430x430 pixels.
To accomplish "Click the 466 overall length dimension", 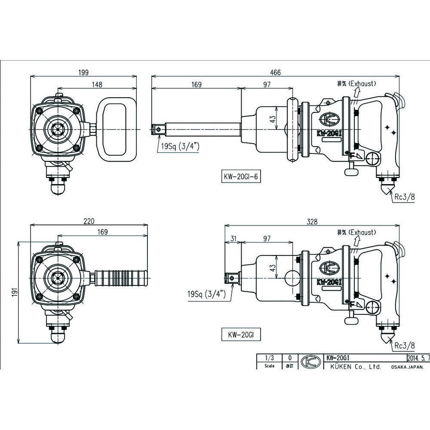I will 275,73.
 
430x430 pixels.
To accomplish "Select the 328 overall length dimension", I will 313,221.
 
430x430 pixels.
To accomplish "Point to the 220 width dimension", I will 89,221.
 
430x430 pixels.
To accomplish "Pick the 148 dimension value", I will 96,85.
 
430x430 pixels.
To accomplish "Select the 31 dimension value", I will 233,238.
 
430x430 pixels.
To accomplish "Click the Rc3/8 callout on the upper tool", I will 405,197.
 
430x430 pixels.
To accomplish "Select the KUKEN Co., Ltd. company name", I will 354,367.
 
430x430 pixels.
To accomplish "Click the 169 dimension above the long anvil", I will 196,85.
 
